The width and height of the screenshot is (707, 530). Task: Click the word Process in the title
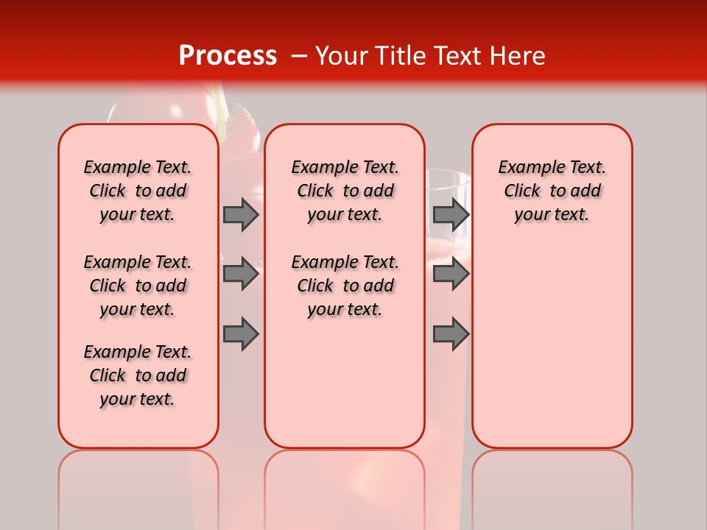coord(228,56)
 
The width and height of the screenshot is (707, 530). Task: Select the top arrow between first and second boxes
coord(240,214)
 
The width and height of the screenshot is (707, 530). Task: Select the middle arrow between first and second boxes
coord(240,274)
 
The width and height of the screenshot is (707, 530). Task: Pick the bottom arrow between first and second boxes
coord(240,334)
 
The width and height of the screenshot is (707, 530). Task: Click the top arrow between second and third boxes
coord(451,214)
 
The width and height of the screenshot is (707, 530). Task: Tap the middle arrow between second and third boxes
coord(451,274)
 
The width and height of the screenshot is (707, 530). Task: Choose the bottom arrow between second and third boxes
coord(451,334)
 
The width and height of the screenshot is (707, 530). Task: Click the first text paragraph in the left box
coord(138,191)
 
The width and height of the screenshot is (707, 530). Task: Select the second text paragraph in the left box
coord(138,286)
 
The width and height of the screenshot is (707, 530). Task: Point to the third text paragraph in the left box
coord(138,375)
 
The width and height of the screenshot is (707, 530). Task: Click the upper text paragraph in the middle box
coord(345,191)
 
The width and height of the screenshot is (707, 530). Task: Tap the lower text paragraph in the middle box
coord(345,286)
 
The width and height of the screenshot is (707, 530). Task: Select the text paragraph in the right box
coord(552,191)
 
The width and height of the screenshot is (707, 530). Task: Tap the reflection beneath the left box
coord(138,478)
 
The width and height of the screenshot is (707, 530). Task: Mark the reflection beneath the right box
coord(552,478)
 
